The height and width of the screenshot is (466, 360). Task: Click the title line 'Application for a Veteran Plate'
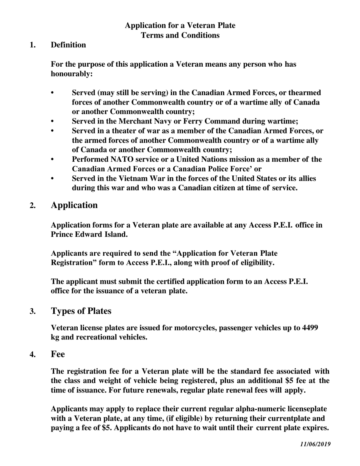(180, 25)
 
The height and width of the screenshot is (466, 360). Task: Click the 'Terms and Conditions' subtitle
(180, 35)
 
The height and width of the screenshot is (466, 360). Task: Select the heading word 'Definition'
(68, 45)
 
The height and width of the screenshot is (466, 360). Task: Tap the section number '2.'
(33, 206)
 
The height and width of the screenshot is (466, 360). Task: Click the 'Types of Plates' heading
(81, 311)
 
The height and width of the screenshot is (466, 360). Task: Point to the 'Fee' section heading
(58, 354)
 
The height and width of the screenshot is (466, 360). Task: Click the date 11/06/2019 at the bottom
(315, 444)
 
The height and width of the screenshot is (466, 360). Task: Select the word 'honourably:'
(72, 74)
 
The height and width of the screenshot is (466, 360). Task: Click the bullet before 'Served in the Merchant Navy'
(53, 121)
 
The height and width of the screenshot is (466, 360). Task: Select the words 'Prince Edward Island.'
(89, 235)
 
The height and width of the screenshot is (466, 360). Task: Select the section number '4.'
(33, 355)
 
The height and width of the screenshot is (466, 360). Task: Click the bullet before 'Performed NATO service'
(53, 159)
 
